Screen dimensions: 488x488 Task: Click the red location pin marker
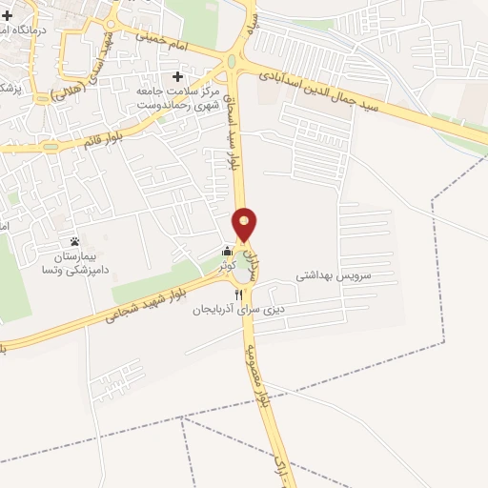pos(246,224)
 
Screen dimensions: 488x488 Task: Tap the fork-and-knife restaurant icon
pos(225,294)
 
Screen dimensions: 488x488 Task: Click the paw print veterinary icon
pos(74,241)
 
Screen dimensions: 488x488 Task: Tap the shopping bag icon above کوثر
pos(227,252)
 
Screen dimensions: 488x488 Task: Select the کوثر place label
pos(227,267)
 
